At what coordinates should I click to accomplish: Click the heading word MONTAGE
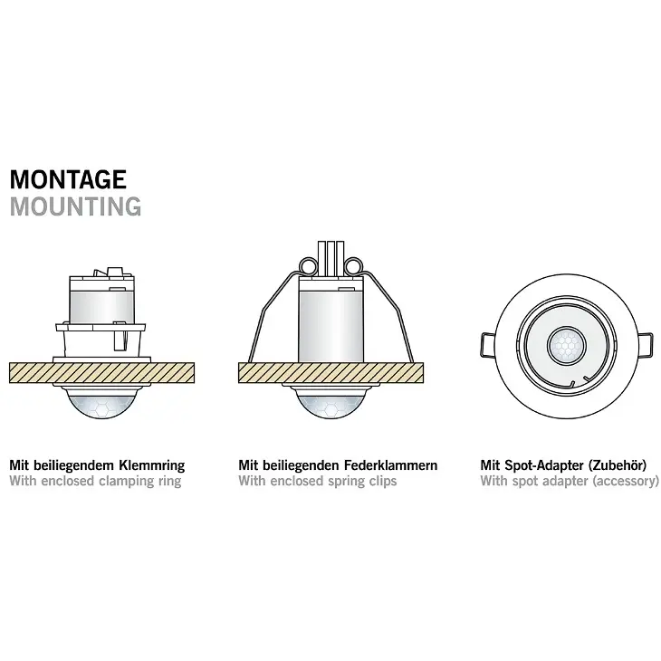click(68, 179)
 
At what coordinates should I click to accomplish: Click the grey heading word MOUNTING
click(75, 206)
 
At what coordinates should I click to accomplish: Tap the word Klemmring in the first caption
click(152, 465)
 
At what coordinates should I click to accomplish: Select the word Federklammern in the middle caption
click(391, 465)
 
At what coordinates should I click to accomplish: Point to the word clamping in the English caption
click(127, 482)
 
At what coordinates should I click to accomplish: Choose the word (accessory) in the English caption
click(625, 482)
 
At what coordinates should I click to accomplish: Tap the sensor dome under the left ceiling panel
click(102, 403)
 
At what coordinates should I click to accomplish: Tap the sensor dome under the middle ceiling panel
click(330, 403)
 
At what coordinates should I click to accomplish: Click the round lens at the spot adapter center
click(567, 346)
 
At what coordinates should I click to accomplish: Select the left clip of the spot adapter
click(488, 346)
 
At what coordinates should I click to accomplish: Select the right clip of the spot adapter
click(646, 346)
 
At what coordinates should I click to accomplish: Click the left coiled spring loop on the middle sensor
click(309, 266)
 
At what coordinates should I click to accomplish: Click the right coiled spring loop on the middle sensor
click(353, 266)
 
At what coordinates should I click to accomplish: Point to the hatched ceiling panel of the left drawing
click(102, 373)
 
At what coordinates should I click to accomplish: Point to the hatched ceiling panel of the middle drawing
click(330, 373)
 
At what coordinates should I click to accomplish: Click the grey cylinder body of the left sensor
click(101, 307)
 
